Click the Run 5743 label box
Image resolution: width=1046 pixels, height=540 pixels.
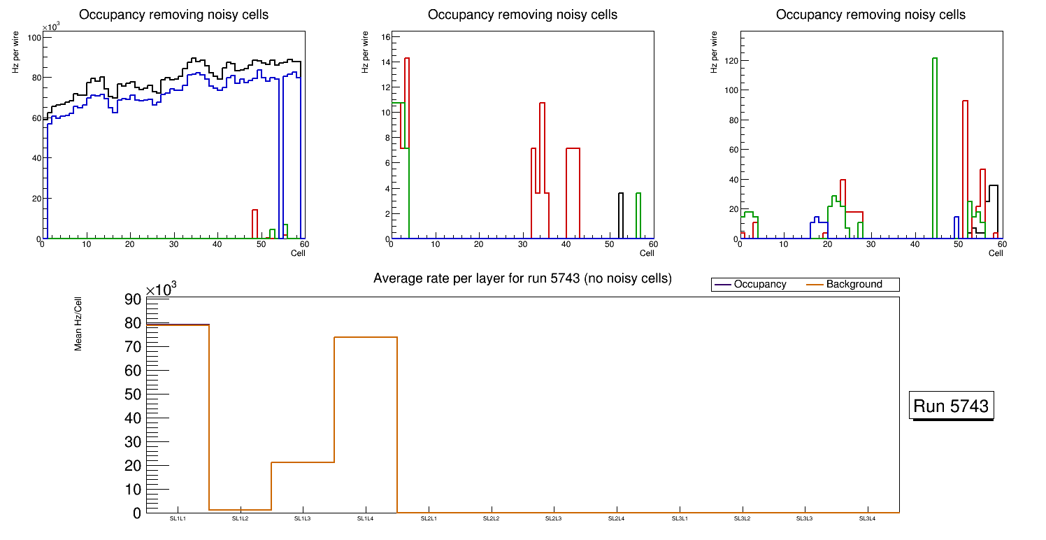[952, 406]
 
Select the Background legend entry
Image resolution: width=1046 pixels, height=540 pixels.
[853, 285]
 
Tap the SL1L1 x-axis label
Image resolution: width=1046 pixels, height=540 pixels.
[178, 518]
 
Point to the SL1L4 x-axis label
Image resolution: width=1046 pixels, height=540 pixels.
[366, 518]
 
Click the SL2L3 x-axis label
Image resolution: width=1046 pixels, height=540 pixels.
[554, 518]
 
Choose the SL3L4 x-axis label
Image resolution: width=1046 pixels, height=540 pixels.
[867, 518]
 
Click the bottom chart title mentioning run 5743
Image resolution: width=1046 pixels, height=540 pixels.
[522, 278]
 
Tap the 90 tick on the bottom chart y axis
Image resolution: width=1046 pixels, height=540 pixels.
[133, 299]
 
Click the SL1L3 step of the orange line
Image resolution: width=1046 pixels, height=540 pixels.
[302, 462]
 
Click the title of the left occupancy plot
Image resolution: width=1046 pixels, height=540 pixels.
[173, 15]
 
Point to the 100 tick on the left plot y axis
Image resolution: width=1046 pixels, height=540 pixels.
[31, 37]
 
